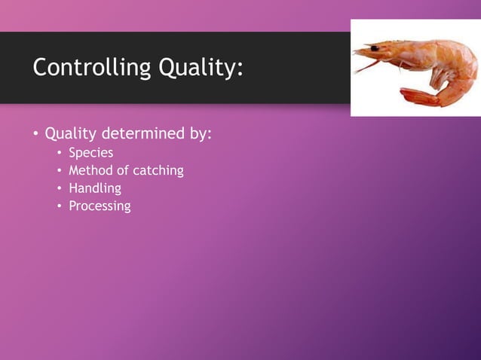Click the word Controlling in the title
[x=91, y=69]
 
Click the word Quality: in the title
[x=201, y=69]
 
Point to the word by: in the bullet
[x=198, y=134]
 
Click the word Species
[x=90, y=153]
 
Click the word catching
[x=158, y=170]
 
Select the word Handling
[x=95, y=188]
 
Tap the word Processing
[x=100, y=206]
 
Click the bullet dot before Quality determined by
[x=34, y=135]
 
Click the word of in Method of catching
[x=124, y=170]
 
